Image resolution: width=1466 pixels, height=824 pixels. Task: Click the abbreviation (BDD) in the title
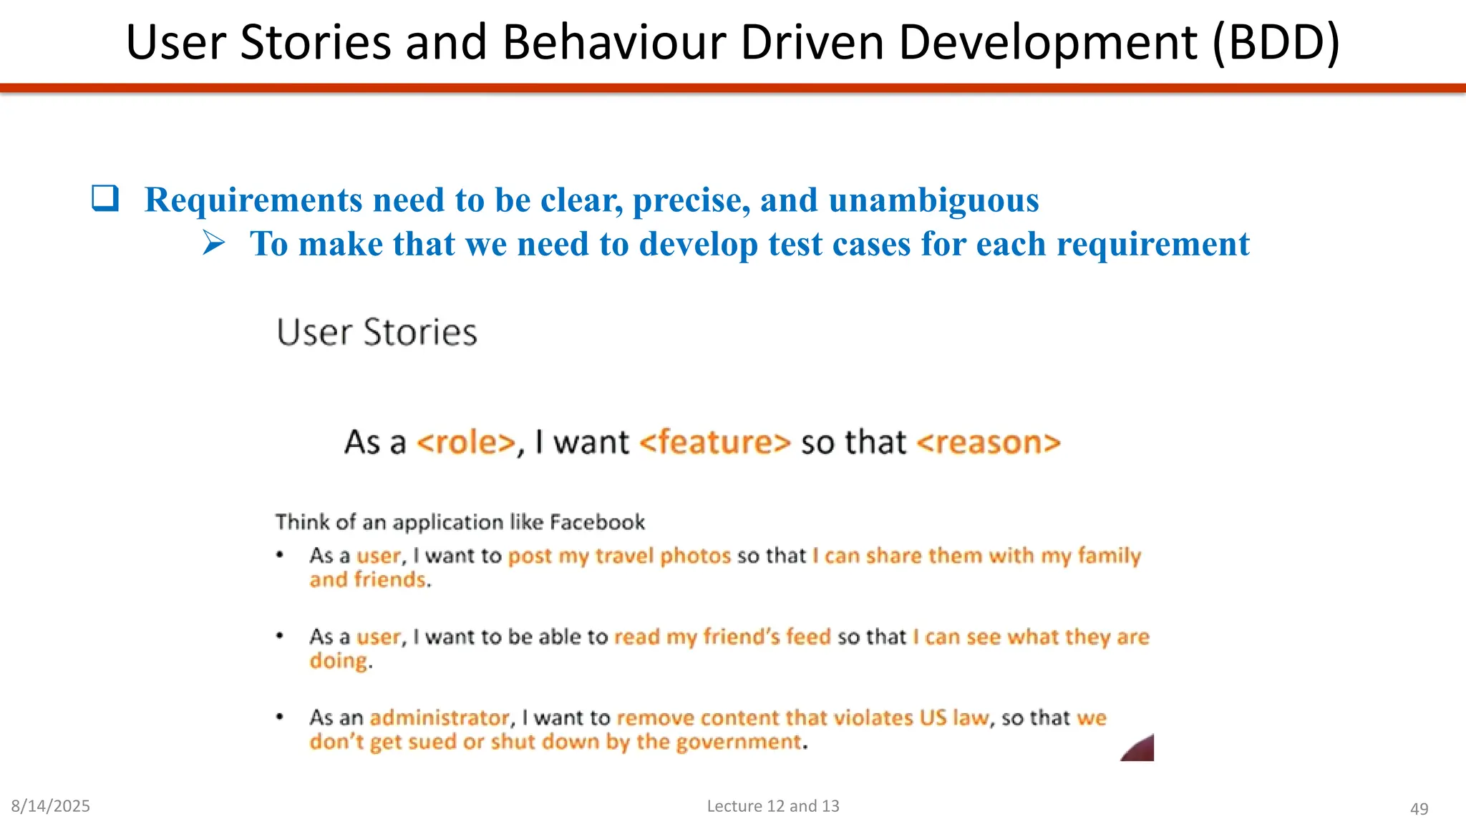pos(1276,43)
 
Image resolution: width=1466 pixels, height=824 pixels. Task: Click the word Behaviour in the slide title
pos(615,43)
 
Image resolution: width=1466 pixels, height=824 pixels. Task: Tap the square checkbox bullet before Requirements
pos(105,198)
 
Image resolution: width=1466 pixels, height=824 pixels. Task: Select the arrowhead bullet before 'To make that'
pos(213,243)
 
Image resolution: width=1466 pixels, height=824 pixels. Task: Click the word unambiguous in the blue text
pos(933,200)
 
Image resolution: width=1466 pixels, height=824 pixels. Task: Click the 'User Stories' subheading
pos(377,333)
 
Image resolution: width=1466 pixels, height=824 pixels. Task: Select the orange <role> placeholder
pos(466,442)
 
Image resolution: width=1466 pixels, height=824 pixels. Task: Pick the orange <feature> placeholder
pos(714,442)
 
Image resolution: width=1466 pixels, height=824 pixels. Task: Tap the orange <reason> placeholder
pos(988,442)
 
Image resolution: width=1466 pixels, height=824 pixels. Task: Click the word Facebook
pos(597,522)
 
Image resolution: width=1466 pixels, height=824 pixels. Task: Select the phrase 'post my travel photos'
pos(619,556)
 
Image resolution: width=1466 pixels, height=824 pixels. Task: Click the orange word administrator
pos(440,717)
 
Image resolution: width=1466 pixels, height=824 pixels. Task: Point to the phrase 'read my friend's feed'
pos(722,637)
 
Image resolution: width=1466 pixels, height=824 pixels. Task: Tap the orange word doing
pos(338,661)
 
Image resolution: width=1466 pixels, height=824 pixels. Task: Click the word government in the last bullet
pos(737,742)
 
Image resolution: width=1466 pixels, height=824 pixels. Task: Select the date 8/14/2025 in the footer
pos(50,806)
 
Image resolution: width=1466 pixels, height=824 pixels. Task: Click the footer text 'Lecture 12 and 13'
pos(773,806)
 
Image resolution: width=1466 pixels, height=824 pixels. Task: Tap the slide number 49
pos(1419,809)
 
